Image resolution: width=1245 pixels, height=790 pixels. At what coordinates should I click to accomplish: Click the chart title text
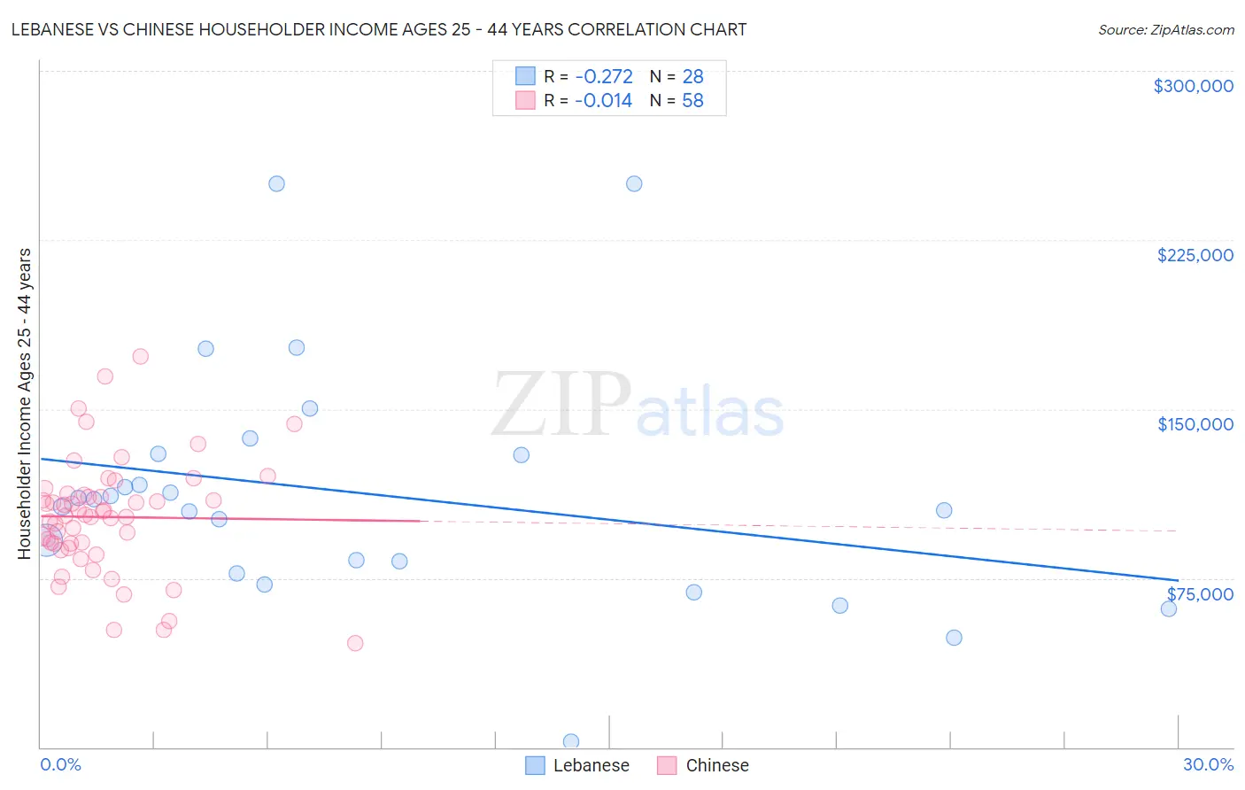[x=379, y=29]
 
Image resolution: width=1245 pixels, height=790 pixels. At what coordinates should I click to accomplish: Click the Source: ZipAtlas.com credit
[x=1165, y=29]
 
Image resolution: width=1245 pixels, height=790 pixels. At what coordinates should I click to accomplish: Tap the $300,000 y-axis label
[x=1193, y=86]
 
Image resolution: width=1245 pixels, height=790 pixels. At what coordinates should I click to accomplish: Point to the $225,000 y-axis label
[x=1195, y=255]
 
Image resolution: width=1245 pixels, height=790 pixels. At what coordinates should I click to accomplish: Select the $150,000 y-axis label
[x=1195, y=424]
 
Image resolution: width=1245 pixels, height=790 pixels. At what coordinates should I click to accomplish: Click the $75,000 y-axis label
[x=1200, y=594]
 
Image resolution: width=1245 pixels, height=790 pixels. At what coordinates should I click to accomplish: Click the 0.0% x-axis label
[x=60, y=764]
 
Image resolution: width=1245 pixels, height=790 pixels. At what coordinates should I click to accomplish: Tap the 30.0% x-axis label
[x=1208, y=764]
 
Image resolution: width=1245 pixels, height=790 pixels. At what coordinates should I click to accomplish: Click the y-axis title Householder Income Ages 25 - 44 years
[x=25, y=404]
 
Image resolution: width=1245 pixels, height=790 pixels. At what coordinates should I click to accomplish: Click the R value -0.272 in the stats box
[x=603, y=77]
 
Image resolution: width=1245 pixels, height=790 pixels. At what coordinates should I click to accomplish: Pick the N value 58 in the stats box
[x=692, y=101]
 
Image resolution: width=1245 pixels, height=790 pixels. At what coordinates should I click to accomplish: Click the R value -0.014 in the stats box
[x=603, y=101]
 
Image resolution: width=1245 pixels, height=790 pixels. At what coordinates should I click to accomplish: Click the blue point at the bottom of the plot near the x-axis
[x=571, y=741]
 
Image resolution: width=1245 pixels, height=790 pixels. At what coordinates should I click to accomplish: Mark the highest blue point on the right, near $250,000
[x=634, y=184]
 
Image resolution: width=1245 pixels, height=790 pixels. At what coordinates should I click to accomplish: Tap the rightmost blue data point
[x=1169, y=608]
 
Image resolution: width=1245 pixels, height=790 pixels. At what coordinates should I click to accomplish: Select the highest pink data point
[x=140, y=357]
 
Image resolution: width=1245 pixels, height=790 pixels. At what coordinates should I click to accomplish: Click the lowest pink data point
[x=355, y=643]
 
